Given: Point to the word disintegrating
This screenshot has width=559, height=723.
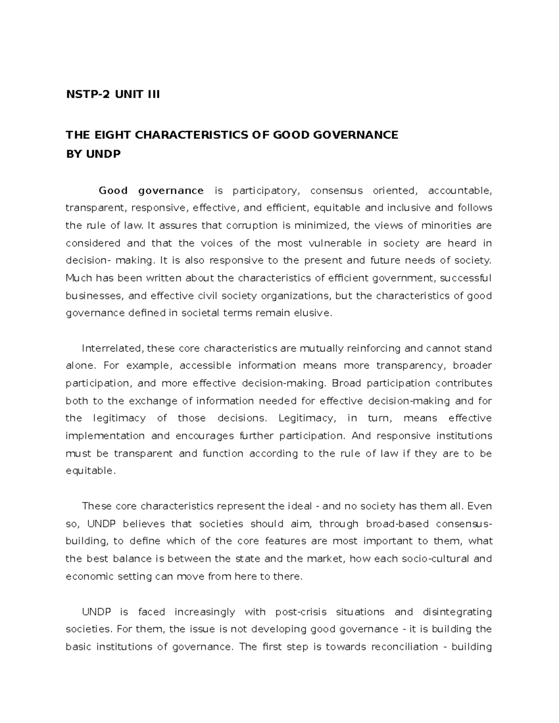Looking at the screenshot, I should (x=457, y=612).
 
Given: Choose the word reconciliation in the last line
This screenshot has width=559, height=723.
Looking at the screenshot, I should (x=405, y=647).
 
